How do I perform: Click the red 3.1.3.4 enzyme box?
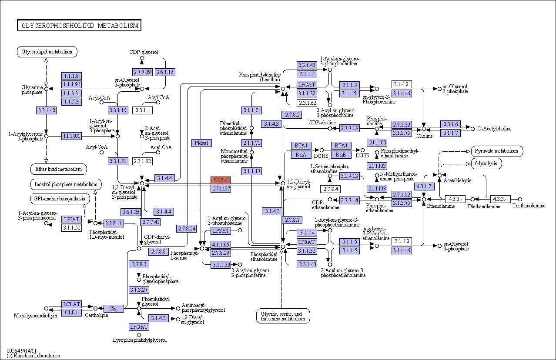coord(221,180)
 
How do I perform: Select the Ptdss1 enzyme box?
coord(201,143)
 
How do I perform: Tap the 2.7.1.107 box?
coord(221,189)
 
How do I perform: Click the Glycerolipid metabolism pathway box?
coord(47,52)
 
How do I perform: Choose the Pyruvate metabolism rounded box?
coord(497,151)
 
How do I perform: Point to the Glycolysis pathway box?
coord(486,164)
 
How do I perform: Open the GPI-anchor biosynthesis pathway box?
coord(60,199)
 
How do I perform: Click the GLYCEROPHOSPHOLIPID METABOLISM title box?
coord(79,26)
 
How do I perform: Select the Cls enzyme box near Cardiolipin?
coord(114,309)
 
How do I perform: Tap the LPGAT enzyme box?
coord(139,327)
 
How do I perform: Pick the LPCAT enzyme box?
coord(307,85)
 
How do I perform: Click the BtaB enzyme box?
coord(341,155)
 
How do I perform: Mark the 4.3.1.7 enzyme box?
coord(424,187)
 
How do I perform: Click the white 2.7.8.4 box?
coord(330,189)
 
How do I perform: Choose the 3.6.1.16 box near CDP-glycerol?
coord(165,72)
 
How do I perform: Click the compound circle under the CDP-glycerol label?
coord(142,58)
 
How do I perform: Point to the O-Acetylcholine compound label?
coord(494,129)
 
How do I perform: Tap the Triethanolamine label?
coord(529,206)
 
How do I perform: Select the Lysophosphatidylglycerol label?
coord(140,340)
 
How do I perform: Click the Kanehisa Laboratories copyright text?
coord(33,356)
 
